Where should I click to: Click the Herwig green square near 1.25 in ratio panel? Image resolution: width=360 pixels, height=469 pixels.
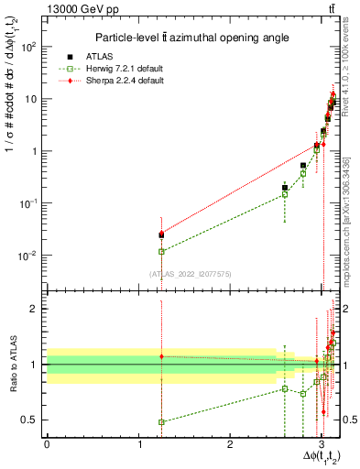[x=161, y=422]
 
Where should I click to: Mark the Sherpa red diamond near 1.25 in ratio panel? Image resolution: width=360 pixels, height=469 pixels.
[x=161, y=356]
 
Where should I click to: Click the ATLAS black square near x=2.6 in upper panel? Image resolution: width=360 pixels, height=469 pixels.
[x=285, y=188]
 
